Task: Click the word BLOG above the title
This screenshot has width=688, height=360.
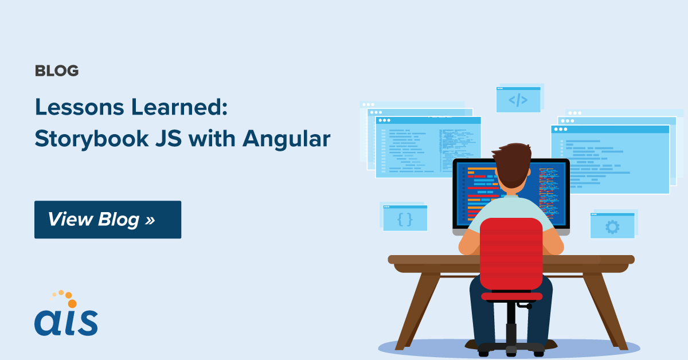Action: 57,71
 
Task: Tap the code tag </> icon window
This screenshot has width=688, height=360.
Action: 518,100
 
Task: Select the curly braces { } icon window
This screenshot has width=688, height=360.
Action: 405,218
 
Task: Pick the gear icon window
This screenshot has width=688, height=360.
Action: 612,226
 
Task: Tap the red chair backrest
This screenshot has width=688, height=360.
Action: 511,252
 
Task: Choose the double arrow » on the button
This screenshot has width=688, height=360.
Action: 150,220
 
